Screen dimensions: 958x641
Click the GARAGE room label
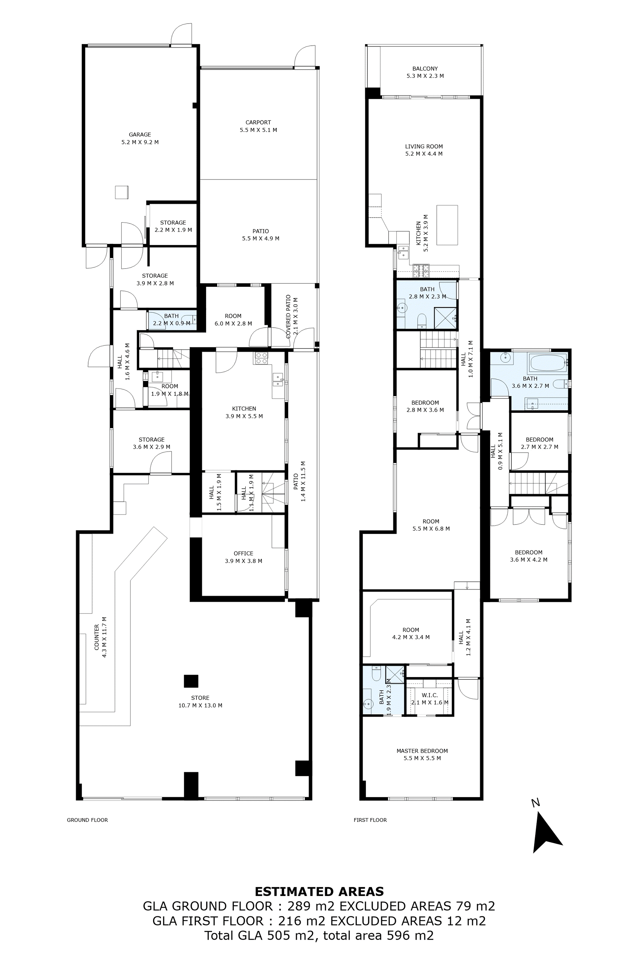(140, 134)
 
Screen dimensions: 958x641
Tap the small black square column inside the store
(191, 681)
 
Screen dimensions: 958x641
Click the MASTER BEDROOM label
(422, 751)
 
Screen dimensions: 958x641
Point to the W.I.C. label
(430, 695)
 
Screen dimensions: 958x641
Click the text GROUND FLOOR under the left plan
(87, 820)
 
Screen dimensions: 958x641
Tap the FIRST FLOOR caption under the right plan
(370, 820)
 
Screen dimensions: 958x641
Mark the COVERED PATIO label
(289, 317)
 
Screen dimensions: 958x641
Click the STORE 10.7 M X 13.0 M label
(200, 702)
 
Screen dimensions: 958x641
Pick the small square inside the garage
(122, 192)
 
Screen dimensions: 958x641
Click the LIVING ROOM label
(424, 146)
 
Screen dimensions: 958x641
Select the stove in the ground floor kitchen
(261, 359)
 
